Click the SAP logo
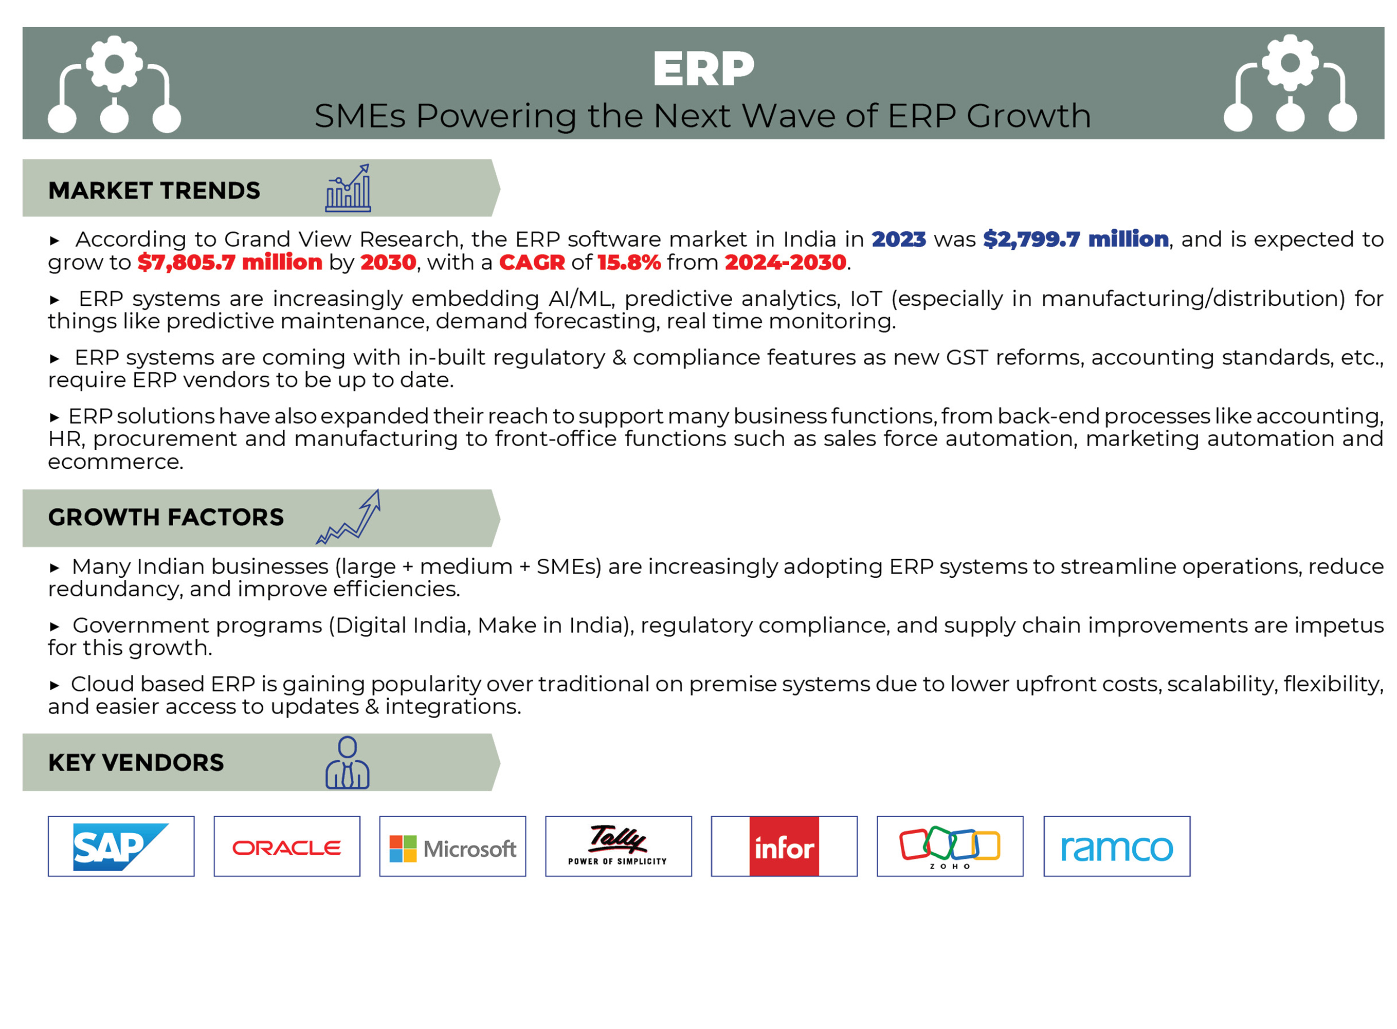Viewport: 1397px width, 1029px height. pyautogui.click(x=120, y=846)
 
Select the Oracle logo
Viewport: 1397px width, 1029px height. pyautogui.click(x=286, y=848)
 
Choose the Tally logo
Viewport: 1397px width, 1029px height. pyautogui.click(x=618, y=844)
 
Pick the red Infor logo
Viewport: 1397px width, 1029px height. pyautogui.click(x=784, y=846)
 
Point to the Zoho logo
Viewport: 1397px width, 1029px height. pyautogui.click(x=950, y=847)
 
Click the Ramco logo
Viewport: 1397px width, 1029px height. pyautogui.click(x=1117, y=848)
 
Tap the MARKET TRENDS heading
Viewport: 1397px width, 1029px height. pyautogui.click(x=154, y=190)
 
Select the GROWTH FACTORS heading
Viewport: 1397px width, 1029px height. pyautogui.click(x=166, y=517)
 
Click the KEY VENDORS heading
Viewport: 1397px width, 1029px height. pyautogui.click(x=136, y=762)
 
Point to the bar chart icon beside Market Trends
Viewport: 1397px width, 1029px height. pyautogui.click(x=348, y=188)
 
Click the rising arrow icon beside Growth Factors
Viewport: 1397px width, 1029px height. pyautogui.click(x=348, y=517)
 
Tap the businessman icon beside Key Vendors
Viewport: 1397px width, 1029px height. pyautogui.click(x=348, y=762)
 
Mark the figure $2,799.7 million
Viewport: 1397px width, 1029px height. pyautogui.click(x=1076, y=239)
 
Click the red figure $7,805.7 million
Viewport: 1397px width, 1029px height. pyautogui.click(x=230, y=262)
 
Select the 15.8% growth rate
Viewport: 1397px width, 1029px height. pyautogui.click(x=629, y=262)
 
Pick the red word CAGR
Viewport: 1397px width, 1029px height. pyautogui.click(x=532, y=262)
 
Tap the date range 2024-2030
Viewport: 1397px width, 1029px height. pyautogui.click(x=785, y=262)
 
